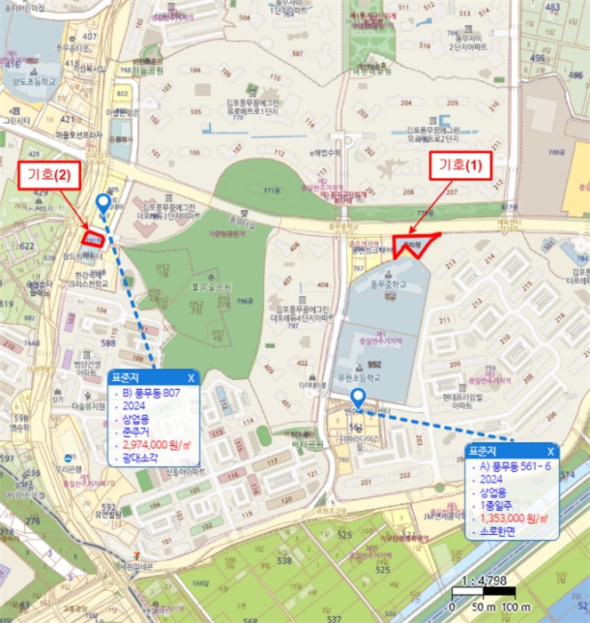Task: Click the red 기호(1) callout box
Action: [x=462, y=165]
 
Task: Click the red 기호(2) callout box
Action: [x=50, y=175]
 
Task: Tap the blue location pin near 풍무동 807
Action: [x=103, y=205]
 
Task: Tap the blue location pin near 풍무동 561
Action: [x=358, y=397]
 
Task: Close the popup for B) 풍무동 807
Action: [x=190, y=377]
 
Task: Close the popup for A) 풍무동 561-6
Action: [x=551, y=450]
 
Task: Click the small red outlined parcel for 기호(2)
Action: [x=93, y=240]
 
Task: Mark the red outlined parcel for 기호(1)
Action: [x=412, y=244]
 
